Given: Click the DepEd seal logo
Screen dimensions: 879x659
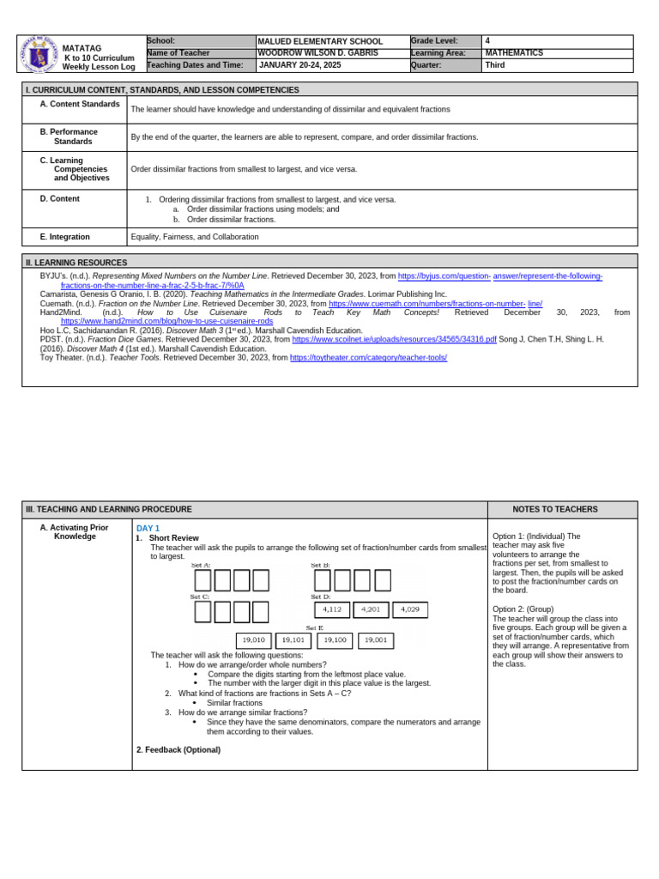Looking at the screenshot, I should (x=38, y=54).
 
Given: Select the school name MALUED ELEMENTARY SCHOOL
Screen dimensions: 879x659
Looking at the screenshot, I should (x=320, y=41).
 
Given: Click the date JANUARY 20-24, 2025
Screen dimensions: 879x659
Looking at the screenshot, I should (x=299, y=65).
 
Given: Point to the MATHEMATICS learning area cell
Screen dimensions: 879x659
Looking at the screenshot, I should (x=514, y=53).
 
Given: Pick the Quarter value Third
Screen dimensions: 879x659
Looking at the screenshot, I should (x=494, y=65).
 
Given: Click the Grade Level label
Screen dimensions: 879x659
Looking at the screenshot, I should (x=434, y=40).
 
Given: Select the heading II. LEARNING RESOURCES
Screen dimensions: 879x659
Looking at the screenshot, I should (x=76, y=263).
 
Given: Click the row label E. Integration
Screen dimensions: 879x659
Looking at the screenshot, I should (x=64, y=237).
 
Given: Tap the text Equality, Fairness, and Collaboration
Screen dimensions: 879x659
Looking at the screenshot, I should (x=195, y=237).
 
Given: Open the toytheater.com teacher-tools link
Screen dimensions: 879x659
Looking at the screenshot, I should (x=368, y=358).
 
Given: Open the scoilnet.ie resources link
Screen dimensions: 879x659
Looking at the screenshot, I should (x=394, y=339).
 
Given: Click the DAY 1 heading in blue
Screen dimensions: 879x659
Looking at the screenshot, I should (x=148, y=529).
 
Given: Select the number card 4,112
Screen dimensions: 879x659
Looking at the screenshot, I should (x=332, y=609).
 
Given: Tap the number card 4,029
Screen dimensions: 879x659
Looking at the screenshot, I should (x=410, y=609).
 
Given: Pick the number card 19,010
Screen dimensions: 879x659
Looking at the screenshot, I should (x=254, y=640).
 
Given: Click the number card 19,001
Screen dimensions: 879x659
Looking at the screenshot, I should (x=375, y=640).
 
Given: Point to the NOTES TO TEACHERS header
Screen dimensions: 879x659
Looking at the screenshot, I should (x=561, y=510).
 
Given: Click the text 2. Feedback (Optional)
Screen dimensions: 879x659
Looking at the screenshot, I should (x=178, y=750).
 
